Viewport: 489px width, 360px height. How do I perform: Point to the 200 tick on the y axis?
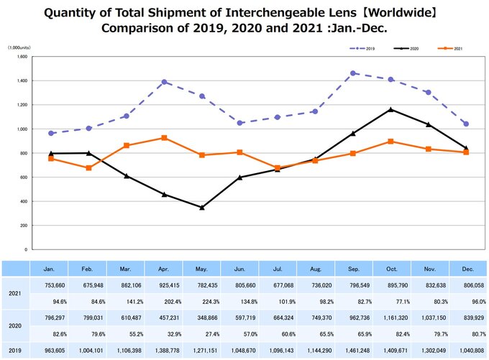pos(24,225)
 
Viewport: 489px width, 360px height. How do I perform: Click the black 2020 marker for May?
pos(202,208)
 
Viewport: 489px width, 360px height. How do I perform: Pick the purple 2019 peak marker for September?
pos(352,73)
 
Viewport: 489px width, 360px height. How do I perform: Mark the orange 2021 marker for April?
pos(165,137)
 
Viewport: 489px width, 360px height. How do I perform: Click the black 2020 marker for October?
pos(390,109)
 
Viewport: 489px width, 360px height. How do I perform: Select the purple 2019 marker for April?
pos(165,81)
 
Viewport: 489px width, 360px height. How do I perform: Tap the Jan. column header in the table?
pos(49,269)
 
